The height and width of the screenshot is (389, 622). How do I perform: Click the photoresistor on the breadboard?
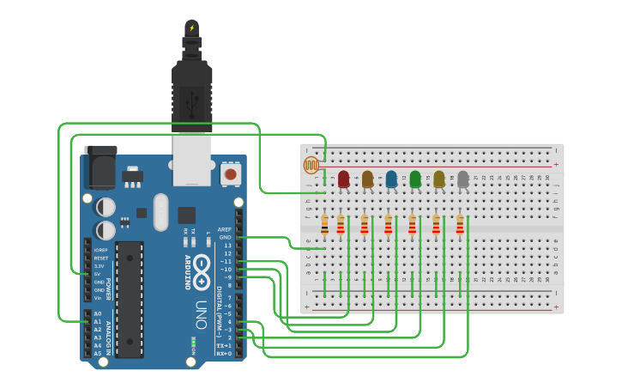[x=311, y=165]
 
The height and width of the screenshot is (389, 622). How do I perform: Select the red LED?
[x=343, y=179]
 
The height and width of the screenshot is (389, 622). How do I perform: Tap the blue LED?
[x=391, y=179]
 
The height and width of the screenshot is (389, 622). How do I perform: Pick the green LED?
[x=415, y=179]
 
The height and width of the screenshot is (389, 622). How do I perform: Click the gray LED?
[x=463, y=179]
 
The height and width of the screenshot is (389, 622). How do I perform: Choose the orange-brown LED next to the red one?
[x=367, y=179]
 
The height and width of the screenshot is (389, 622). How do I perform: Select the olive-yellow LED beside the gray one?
[x=439, y=179]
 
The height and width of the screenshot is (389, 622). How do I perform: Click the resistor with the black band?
[x=324, y=225]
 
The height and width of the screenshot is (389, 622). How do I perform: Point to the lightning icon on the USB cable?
[x=191, y=28]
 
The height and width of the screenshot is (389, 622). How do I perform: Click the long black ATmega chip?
[x=130, y=299]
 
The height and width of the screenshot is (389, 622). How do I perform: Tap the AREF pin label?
[x=225, y=229]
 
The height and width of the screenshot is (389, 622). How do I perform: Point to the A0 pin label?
[x=98, y=314]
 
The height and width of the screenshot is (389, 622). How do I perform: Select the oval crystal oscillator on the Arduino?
[x=160, y=212]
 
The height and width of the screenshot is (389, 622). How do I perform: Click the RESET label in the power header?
[x=101, y=258]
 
